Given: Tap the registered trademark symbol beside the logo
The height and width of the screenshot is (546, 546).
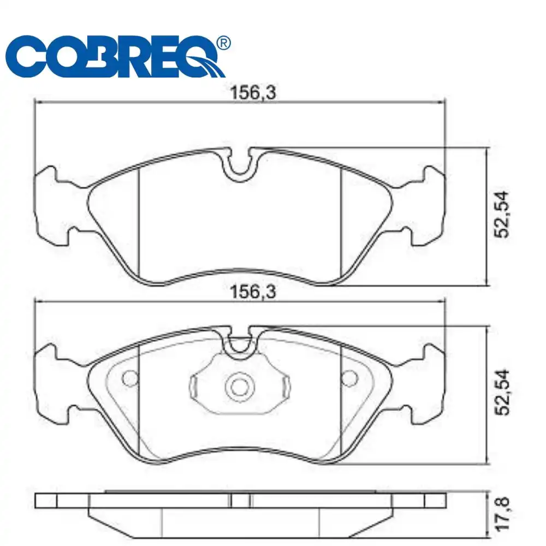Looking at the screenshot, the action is tap(223, 43).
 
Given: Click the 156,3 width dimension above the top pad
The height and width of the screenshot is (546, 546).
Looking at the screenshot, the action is tap(253, 93).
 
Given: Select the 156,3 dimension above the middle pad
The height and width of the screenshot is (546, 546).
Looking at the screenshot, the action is tap(253, 292).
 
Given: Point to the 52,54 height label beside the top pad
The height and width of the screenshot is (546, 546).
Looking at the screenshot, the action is tap(502, 215).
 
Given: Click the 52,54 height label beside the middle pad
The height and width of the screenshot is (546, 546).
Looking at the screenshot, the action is tap(502, 392).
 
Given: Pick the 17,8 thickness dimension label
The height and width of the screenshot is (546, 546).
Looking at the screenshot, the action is tap(502, 514).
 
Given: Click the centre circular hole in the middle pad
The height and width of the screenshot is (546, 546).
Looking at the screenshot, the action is tap(240, 387).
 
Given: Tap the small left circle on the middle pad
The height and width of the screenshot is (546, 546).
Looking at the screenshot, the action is tap(130, 378).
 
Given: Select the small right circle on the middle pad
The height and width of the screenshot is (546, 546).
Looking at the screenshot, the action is tap(349, 378).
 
